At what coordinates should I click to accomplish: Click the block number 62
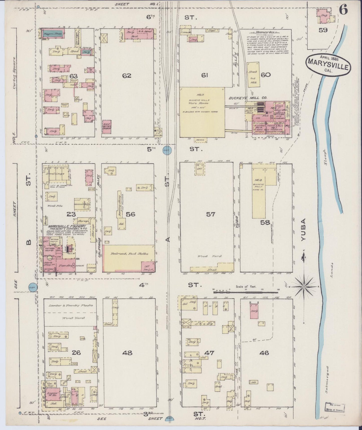[x=127, y=76]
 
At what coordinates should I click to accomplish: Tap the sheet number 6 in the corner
[x=344, y=10]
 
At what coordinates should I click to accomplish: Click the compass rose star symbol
[x=303, y=286]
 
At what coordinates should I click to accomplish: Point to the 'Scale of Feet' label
[x=246, y=286]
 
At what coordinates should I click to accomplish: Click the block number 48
[x=127, y=353]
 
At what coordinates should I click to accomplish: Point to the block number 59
[x=323, y=30]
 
